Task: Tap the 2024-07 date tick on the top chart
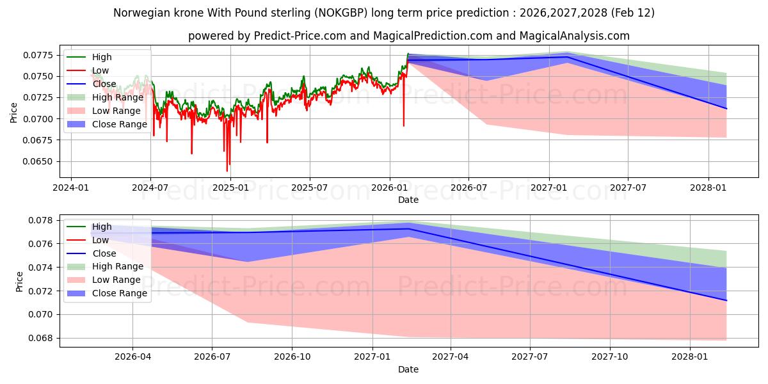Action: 150,188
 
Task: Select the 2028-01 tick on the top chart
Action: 708,188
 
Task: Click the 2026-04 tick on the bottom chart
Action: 132,357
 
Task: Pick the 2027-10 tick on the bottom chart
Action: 610,357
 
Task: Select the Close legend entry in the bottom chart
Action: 104,253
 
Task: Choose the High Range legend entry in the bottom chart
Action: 118,267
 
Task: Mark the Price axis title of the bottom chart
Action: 20,281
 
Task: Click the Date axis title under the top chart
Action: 408,200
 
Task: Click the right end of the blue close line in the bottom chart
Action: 726,300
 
